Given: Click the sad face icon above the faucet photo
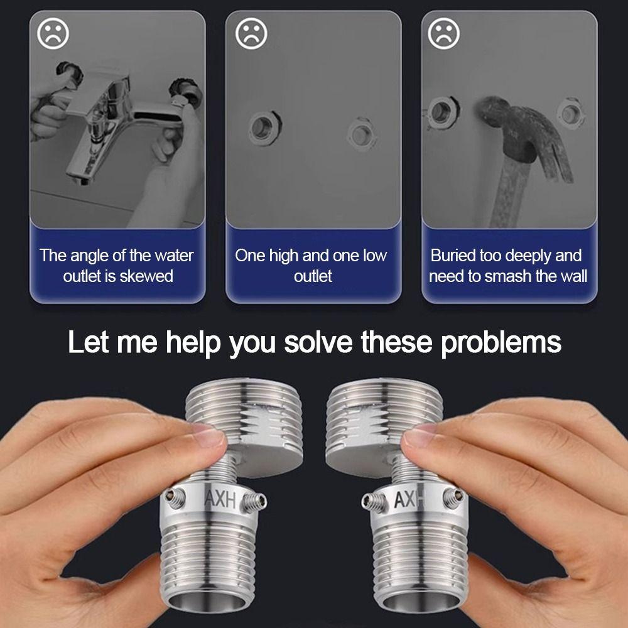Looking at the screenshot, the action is click(53, 34).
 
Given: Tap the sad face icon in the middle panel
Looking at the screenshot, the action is click(251, 34).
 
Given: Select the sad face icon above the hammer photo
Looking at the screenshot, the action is click(444, 34).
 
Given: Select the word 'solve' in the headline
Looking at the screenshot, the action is click(318, 342).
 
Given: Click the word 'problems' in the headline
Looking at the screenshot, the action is click(501, 344).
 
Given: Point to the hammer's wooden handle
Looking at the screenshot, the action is click(509, 192).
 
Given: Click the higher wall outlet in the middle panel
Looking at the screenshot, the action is click(264, 128).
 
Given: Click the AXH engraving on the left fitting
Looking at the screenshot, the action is click(220, 498).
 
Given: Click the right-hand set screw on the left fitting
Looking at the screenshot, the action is click(254, 502).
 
